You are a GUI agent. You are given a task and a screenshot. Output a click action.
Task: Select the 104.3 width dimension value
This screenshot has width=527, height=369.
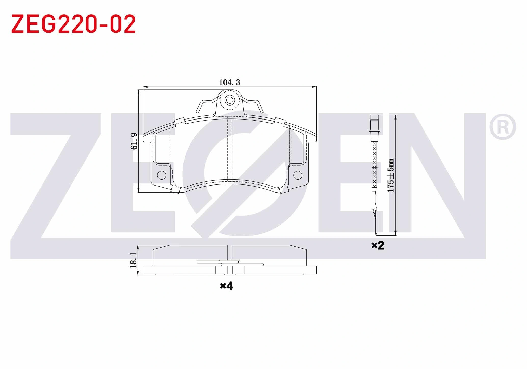point(230,82)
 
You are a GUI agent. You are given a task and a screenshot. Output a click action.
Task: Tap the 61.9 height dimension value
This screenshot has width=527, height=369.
point(134,141)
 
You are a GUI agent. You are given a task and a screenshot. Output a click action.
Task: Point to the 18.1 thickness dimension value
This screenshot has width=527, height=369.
point(133,260)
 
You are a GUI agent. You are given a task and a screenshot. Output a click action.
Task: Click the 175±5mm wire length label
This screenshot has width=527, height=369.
point(391,176)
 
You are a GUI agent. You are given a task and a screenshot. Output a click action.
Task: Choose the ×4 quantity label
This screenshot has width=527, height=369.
point(227,286)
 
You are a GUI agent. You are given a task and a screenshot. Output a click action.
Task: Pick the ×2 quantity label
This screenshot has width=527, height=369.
point(378,245)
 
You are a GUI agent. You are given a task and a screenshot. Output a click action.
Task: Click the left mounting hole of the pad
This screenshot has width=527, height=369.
point(162,175)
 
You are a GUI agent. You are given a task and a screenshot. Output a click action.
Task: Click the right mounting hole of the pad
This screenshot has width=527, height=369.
point(298,175)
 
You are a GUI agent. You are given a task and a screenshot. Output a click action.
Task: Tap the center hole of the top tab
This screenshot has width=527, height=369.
point(230,100)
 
